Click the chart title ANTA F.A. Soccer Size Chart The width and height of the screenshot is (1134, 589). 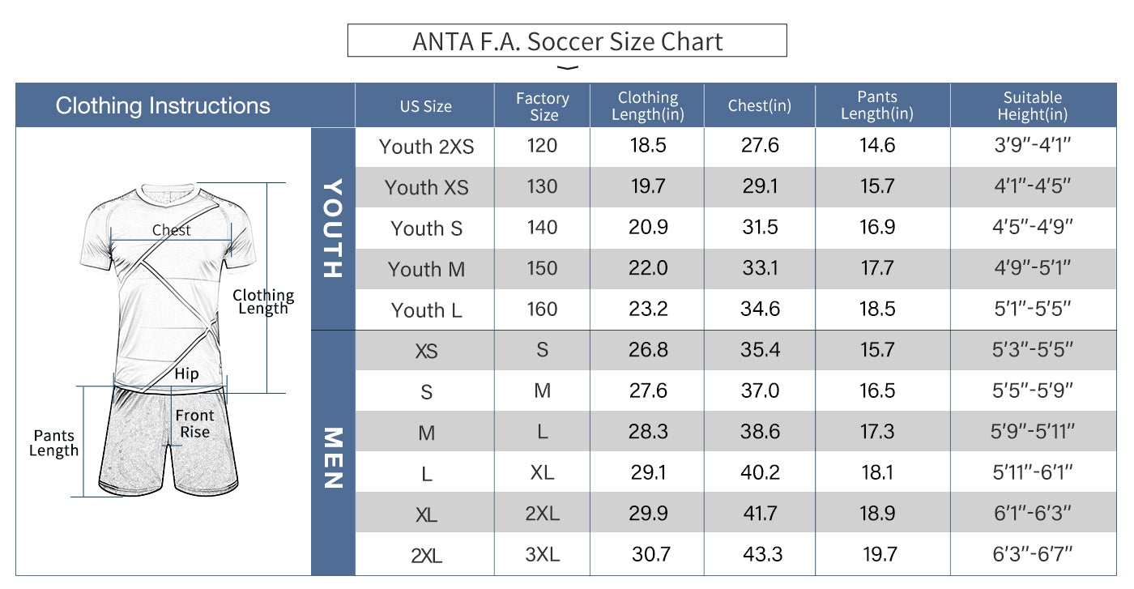[567, 41]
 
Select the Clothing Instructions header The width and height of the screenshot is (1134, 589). [163, 105]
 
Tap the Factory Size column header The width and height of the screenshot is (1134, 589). [543, 106]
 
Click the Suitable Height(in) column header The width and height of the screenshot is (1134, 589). [1032, 106]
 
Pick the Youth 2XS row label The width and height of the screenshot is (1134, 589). [426, 147]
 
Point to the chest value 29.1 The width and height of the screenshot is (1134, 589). [760, 187]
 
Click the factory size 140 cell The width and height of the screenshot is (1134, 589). [543, 228]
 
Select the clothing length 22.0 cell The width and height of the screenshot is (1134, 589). [648, 269]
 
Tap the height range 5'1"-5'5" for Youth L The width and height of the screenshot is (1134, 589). [1032, 309]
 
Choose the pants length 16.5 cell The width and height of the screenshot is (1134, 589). [877, 391]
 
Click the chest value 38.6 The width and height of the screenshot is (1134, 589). [760, 432]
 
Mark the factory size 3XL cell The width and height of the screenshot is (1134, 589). [543, 555]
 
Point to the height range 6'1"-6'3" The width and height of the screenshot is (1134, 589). [1032, 513]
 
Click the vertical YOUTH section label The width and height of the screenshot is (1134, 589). [333, 228]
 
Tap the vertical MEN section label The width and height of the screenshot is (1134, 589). [333, 458]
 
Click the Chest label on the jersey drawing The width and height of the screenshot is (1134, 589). [172, 231]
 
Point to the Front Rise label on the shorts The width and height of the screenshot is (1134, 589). [195, 424]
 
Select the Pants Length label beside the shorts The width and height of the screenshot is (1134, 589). [53, 444]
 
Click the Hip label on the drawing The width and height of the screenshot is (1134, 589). [186, 374]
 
